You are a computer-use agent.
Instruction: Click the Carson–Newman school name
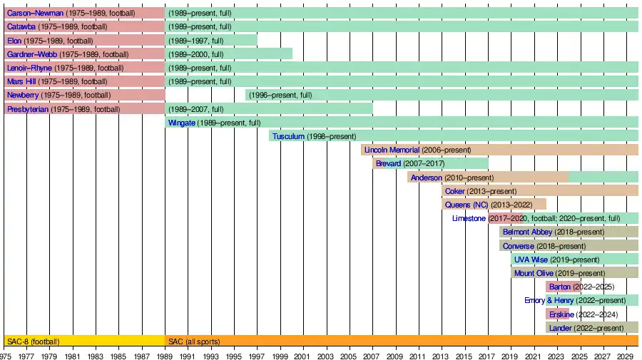pyautogui.click(x=35, y=13)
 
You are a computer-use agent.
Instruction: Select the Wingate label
pyautogui.click(x=181, y=123)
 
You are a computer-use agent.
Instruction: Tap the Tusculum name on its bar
pyautogui.click(x=288, y=136)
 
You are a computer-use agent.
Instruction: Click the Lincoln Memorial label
pyautogui.click(x=392, y=150)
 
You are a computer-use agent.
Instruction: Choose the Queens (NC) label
pyautogui.click(x=467, y=205)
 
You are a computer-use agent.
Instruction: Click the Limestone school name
pyautogui.click(x=469, y=218)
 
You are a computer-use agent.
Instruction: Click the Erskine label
pyautogui.click(x=561, y=314)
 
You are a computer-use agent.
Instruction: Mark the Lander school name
pyautogui.click(x=560, y=328)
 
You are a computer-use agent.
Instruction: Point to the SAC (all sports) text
pyautogui.click(x=194, y=341)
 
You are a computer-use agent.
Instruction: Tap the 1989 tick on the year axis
pyautogui.click(x=165, y=355)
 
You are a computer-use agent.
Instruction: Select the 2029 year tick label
pyautogui.click(x=626, y=355)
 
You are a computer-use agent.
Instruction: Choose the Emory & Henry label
pyautogui.click(x=549, y=301)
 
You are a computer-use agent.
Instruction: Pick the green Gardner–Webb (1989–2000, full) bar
pyautogui.click(x=228, y=54)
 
